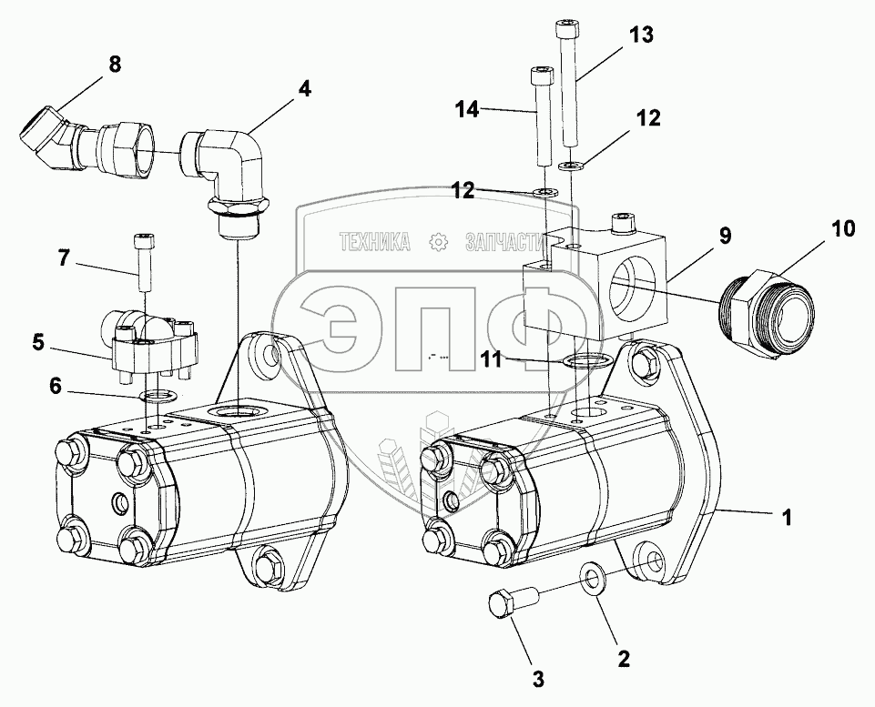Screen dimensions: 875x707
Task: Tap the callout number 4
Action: coord(303,89)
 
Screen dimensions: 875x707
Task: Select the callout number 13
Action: coord(641,35)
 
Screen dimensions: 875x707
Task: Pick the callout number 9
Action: coord(725,236)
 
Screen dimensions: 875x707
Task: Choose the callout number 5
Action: coord(38,343)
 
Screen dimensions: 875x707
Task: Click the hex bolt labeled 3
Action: coord(510,606)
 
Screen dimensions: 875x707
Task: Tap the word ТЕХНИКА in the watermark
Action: coord(375,242)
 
